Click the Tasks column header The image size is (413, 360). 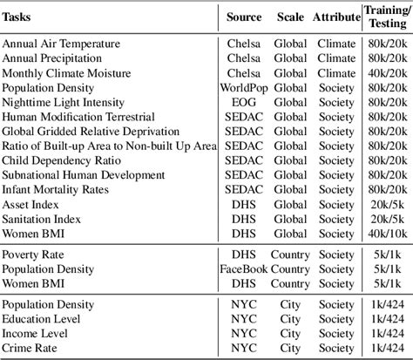(x=19, y=17)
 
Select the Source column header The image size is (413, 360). (x=245, y=17)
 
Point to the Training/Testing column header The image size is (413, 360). (x=386, y=17)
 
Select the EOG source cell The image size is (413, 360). (x=245, y=104)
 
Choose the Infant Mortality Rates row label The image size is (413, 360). (x=58, y=188)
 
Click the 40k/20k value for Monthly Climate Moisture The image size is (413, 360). (x=387, y=73)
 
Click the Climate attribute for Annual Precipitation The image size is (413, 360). (x=335, y=58)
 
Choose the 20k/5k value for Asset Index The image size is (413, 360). (x=387, y=203)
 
